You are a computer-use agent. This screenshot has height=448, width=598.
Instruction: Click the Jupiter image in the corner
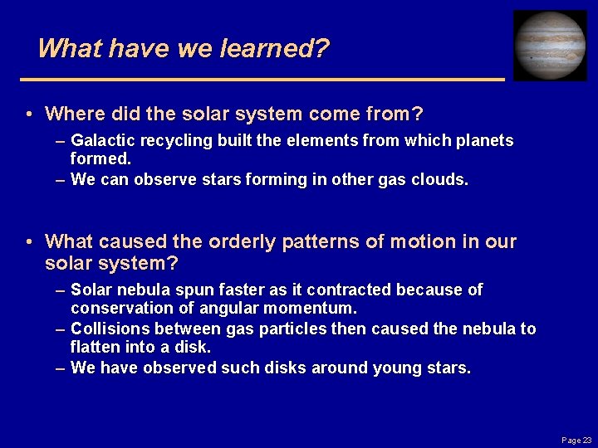(550, 46)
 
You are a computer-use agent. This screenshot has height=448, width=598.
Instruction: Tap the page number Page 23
(576, 440)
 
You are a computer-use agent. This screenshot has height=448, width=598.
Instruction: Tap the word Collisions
(108, 329)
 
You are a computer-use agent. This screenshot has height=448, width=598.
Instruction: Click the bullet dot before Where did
(29, 114)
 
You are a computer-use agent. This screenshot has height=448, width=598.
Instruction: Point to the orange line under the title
(262, 79)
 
